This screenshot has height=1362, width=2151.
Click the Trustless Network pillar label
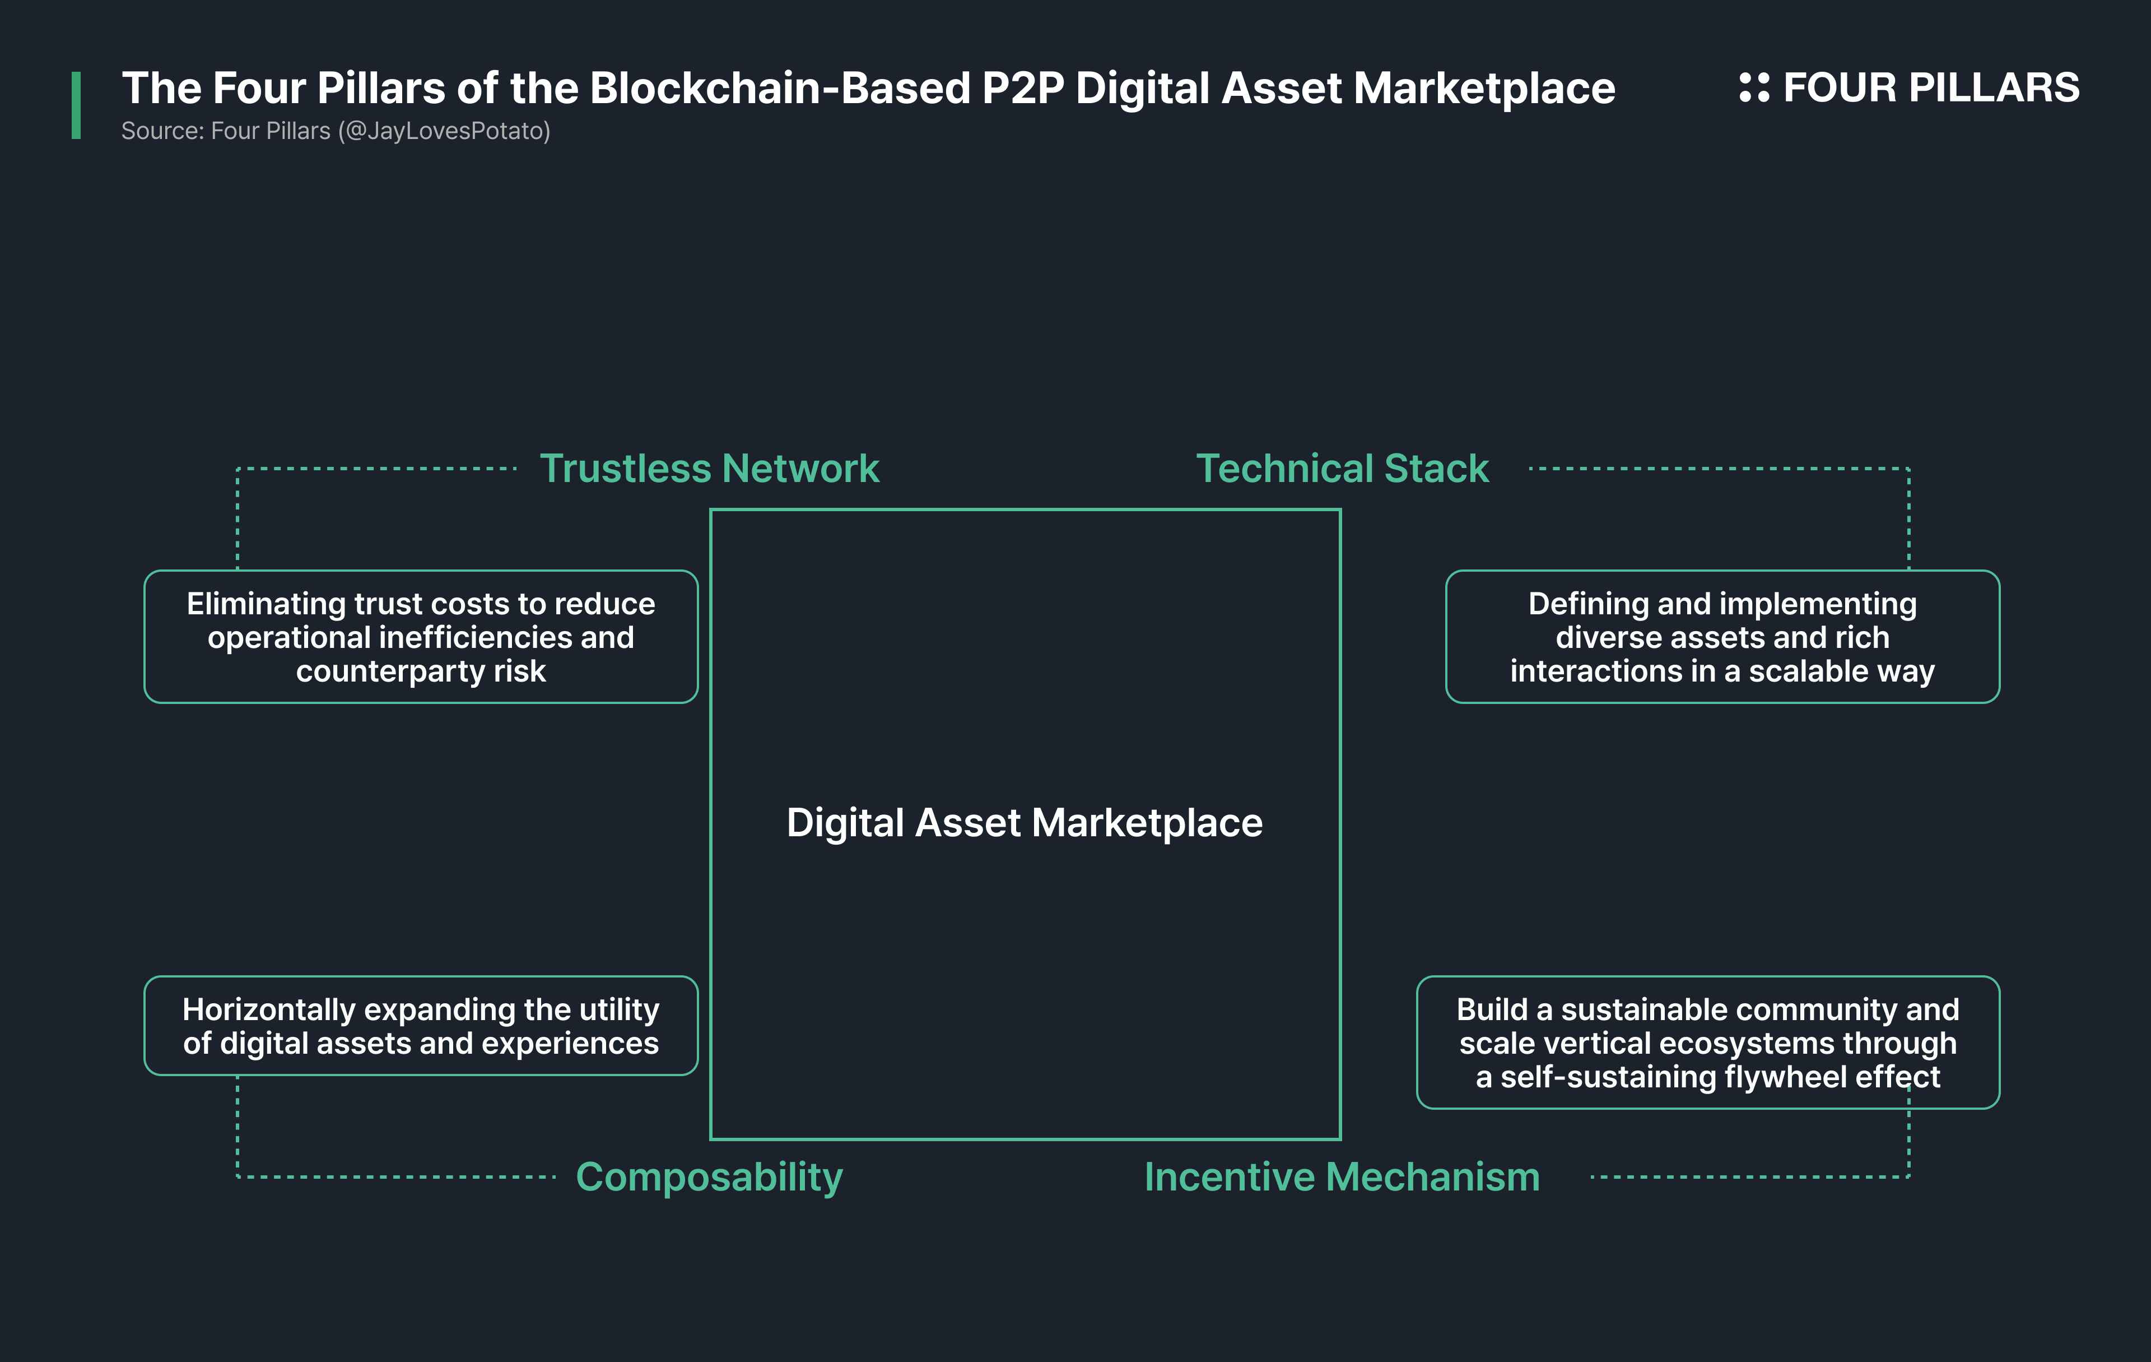[709, 469]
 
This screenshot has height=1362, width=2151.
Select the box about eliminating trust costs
[421, 636]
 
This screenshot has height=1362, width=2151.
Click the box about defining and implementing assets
[1722, 636]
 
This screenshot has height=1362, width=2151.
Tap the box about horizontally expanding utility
[421, 1025]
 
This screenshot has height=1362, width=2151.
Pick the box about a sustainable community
[1708, 1042]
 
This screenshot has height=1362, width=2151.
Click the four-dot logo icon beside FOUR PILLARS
[1754, 87]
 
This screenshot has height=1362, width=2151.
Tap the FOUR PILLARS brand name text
[1931, 87]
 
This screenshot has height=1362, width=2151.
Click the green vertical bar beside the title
[76, 105]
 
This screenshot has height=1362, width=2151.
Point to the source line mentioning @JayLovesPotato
[336, 131]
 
